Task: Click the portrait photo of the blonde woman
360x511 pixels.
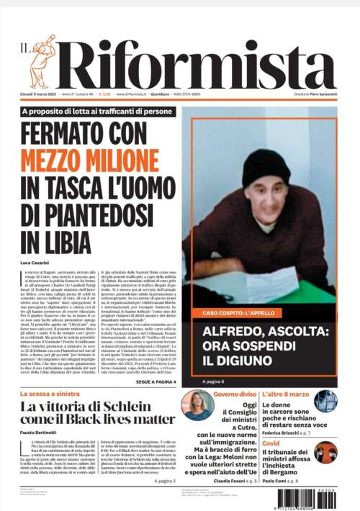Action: (x=197, y=405)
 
